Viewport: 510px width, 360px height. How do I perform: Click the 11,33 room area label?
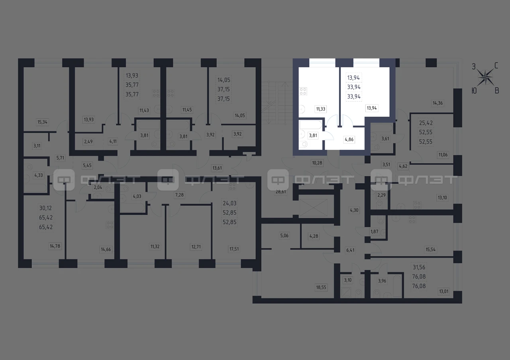click(321, 109)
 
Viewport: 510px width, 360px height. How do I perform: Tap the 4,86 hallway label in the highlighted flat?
click(349, 139)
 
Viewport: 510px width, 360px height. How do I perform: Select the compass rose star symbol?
click(485, 78)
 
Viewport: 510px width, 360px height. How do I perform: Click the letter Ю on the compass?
click(474, 91)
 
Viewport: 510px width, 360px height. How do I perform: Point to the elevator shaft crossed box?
click(314, 207)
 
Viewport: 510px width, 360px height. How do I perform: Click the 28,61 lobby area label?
click(280, 192)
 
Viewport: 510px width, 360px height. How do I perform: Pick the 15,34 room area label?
click(42, 122)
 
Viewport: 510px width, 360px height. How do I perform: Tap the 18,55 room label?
click(321, 288)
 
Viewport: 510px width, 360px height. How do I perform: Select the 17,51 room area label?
click(234, 249)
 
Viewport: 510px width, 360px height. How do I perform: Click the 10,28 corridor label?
click(317, 163)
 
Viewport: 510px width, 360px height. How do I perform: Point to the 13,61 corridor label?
click(217, 168)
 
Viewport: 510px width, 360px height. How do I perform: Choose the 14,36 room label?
click(437, 103)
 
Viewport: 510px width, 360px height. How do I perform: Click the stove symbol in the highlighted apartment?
click(303, 91)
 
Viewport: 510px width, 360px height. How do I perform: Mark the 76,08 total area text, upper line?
click(419, 276)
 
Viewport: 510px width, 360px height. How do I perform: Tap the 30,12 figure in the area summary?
click(45, 208)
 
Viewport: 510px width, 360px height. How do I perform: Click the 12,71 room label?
click(196, 247)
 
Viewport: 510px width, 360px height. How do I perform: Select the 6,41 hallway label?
click(350, 250)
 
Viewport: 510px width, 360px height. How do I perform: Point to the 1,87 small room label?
click(374, 232)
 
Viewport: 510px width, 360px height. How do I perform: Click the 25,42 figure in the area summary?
click(426, 123)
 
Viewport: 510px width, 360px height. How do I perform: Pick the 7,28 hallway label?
click(179, 195)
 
